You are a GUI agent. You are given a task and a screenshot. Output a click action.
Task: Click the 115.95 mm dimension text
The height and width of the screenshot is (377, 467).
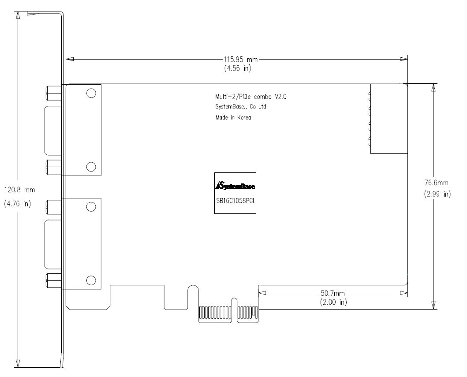[x=241, y=60]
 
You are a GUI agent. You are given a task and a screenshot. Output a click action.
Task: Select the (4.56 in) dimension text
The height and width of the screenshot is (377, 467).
[x=238, y=68]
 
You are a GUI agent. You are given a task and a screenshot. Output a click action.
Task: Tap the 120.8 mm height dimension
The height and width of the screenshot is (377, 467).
[x=20, y=190]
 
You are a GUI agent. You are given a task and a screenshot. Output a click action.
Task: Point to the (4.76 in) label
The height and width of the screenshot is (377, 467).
[x=18, y=204]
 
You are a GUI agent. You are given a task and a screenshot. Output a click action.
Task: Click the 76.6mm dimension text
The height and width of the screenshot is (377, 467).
[x=436, y=183]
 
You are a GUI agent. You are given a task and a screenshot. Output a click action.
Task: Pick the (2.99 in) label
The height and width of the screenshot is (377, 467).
[x=437, y=194]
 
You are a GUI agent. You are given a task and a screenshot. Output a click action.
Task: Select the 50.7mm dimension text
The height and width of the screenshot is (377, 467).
[x=333, y=293]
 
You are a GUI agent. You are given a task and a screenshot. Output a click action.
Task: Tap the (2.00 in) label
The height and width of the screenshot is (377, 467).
[x=333, y=302]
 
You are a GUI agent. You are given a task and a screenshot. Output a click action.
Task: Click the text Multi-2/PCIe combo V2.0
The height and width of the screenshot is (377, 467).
[x=251, y=97]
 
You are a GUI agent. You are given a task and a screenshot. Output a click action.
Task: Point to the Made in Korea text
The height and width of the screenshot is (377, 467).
[x=233, y=117]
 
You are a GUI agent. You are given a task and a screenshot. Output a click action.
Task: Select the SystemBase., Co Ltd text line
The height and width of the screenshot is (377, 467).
[x=241, y=107]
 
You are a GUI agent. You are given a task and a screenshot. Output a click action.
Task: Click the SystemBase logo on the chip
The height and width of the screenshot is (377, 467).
[x=235, y=186]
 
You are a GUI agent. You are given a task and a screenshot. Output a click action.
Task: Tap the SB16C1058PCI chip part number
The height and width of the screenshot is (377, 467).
[x=235, y=201]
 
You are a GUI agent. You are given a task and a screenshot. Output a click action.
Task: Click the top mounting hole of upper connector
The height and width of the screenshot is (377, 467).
[x=91, y=93]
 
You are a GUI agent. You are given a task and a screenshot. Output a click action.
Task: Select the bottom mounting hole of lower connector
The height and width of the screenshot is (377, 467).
[x=91, y=280]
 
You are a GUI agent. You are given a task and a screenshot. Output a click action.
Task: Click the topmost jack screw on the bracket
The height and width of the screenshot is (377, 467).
[x=54, y=93]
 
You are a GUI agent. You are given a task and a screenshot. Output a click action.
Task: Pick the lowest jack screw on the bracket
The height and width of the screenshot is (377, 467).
[x=54, y=281]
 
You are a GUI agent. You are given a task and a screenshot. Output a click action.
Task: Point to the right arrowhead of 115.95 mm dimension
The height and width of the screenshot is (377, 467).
[x=403, y=59]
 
